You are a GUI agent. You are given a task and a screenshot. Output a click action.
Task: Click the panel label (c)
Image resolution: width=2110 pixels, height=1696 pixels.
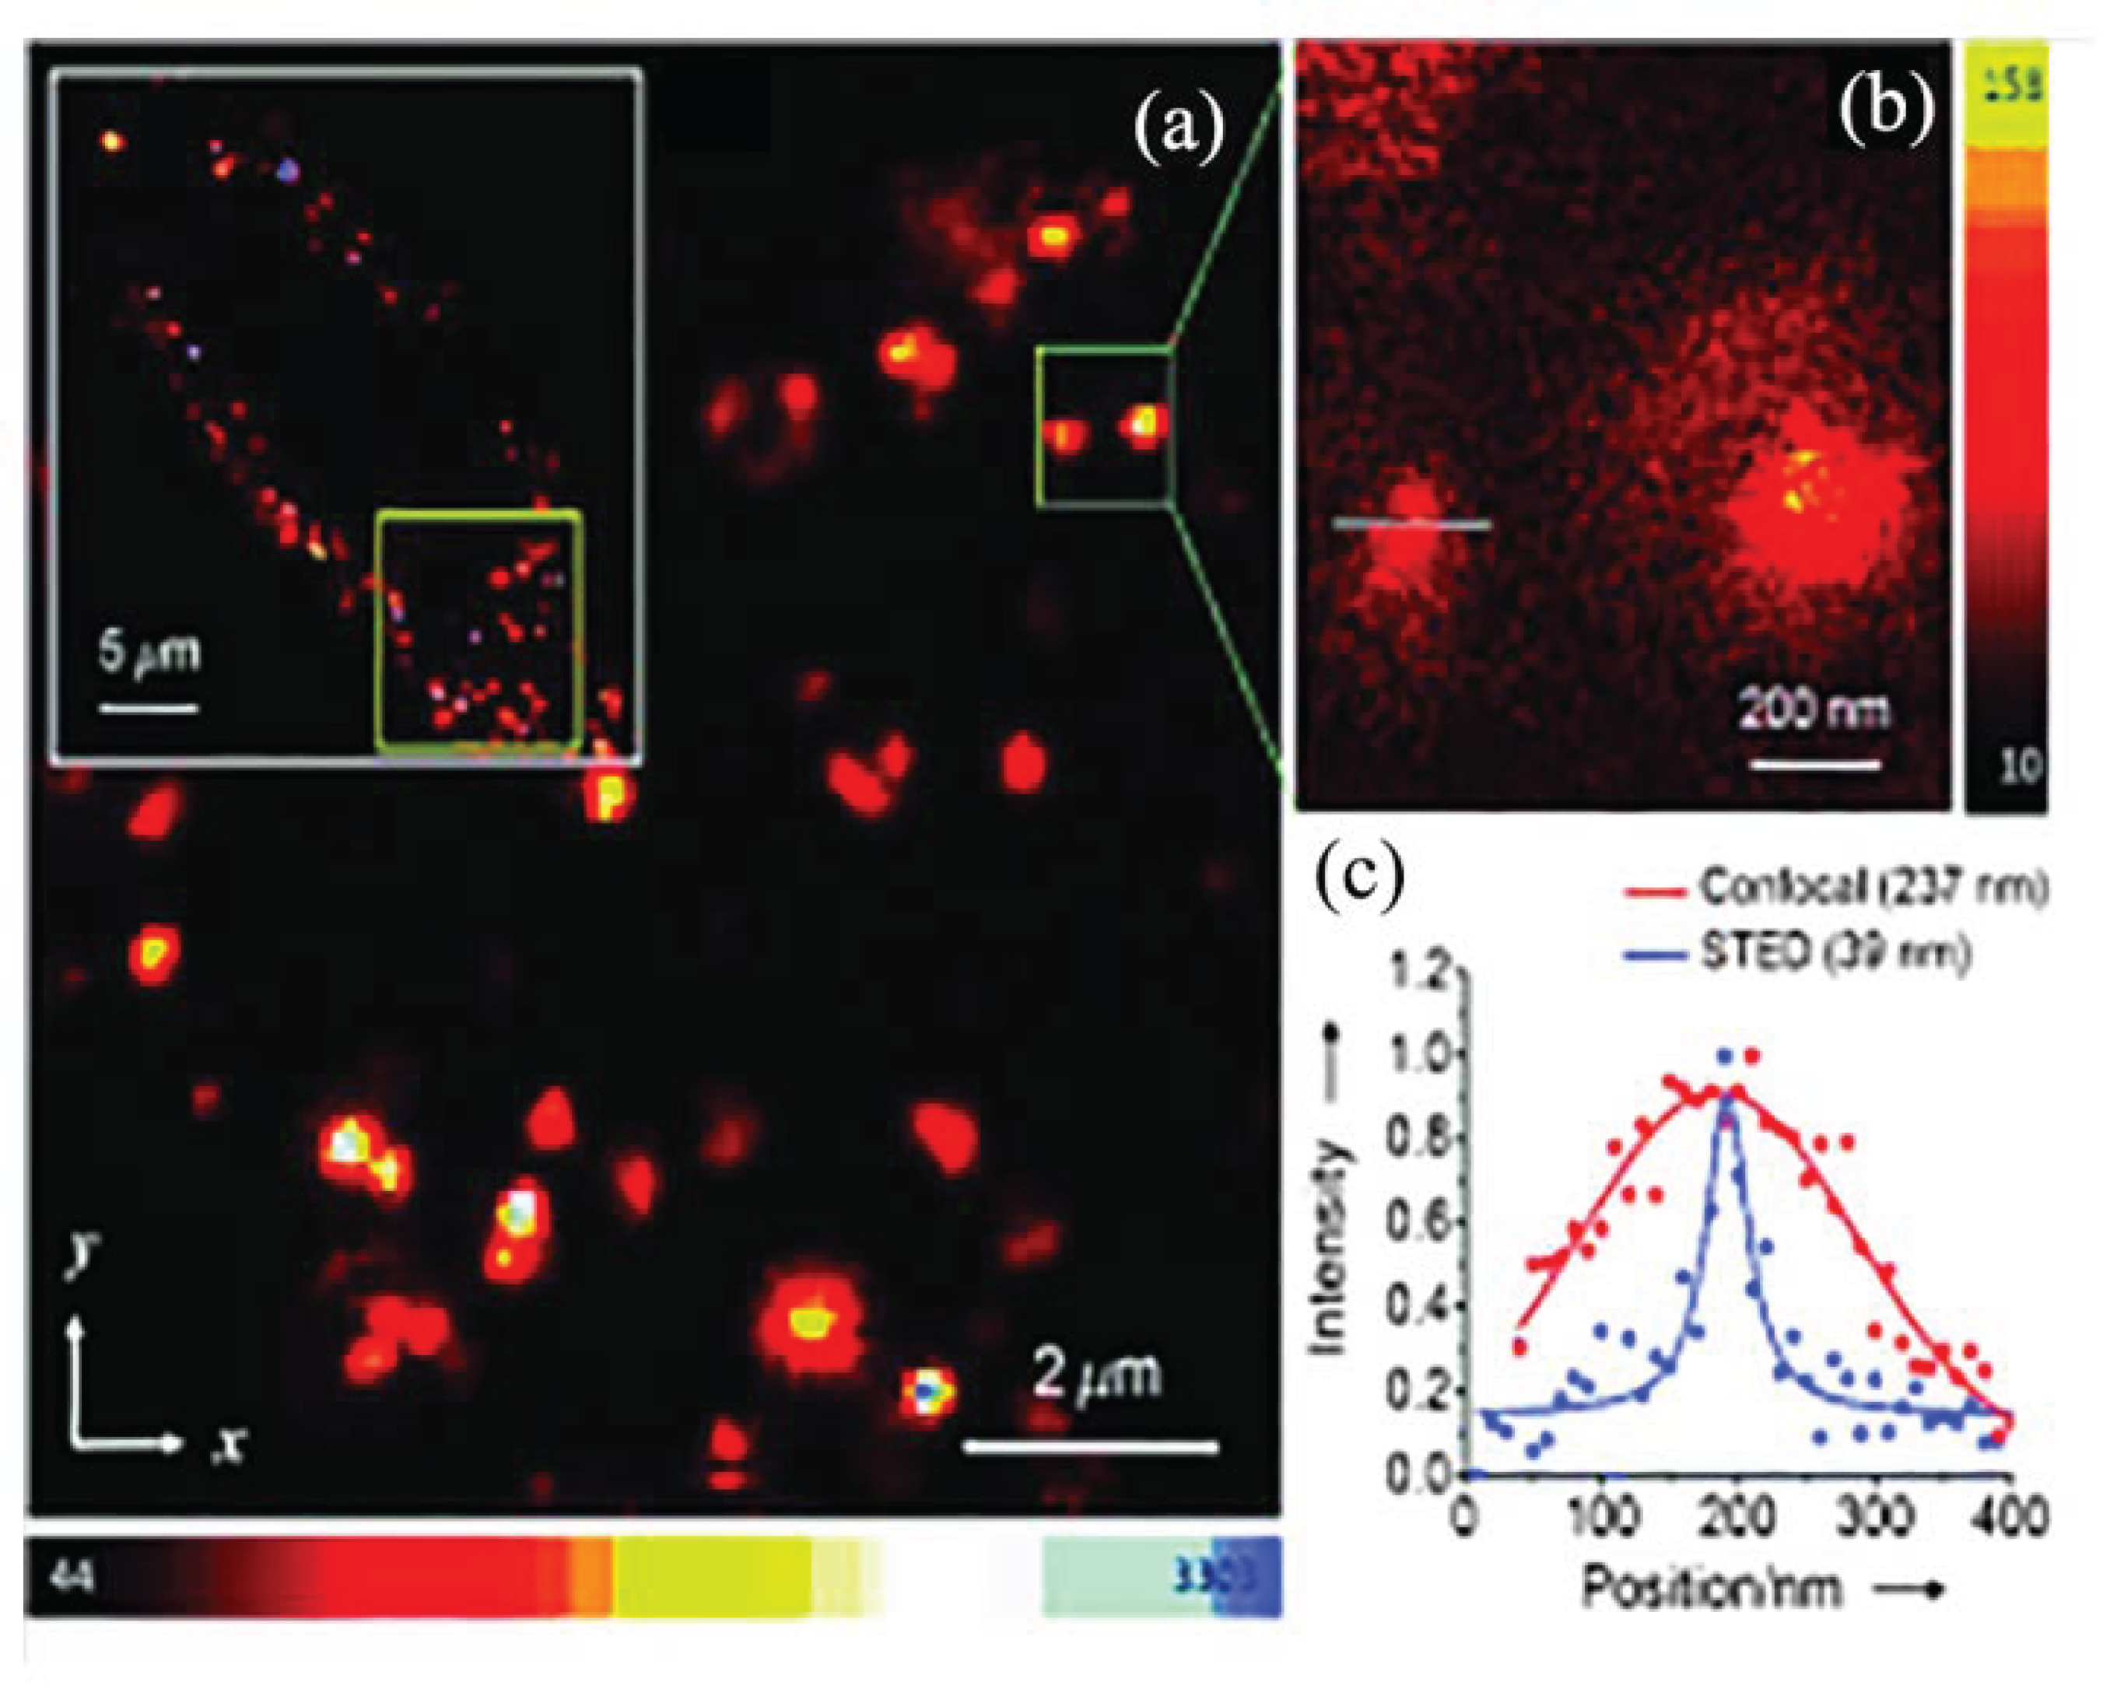click(1359, 880)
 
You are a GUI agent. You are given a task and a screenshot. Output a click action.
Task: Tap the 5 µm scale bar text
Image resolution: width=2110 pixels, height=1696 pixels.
click(149, 653)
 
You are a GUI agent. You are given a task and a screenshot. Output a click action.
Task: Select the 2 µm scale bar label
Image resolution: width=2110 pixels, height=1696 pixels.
click(1097, 1372)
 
